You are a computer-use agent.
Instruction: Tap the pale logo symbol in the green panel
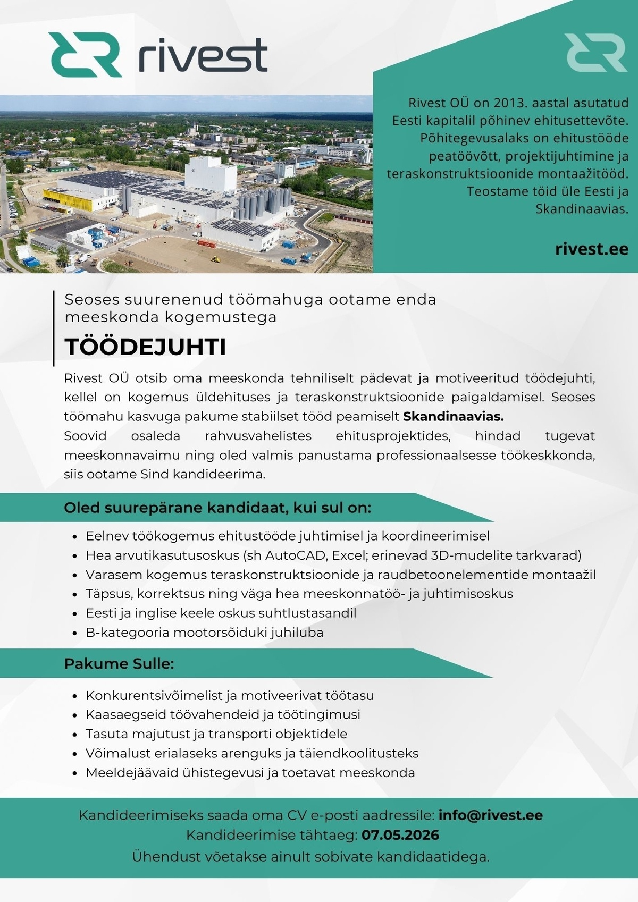pos(595,53)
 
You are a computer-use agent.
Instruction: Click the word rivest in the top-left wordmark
pos(203,54)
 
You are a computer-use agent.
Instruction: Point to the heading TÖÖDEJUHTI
pos(145,347)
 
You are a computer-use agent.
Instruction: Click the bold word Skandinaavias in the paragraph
pos(453,416)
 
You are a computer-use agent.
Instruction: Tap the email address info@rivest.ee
pos(490,815)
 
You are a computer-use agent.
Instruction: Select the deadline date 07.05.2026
pos(400,835)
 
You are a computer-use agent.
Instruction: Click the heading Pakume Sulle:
pos(119,663)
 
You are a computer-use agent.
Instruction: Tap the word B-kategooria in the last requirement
pos(127,633)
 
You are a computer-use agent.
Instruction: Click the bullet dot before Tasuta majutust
pos(75,735)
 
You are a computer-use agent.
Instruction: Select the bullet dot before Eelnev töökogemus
pos(75,536)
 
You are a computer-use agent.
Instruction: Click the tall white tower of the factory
pos(210,173)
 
